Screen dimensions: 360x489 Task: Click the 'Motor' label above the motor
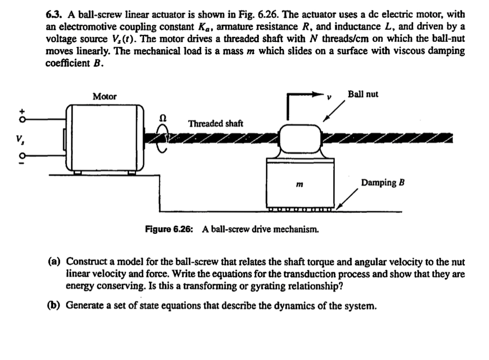pos(105,97)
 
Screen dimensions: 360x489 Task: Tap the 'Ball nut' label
pos(363,94)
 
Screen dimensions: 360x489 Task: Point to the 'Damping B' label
pos(383,183)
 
